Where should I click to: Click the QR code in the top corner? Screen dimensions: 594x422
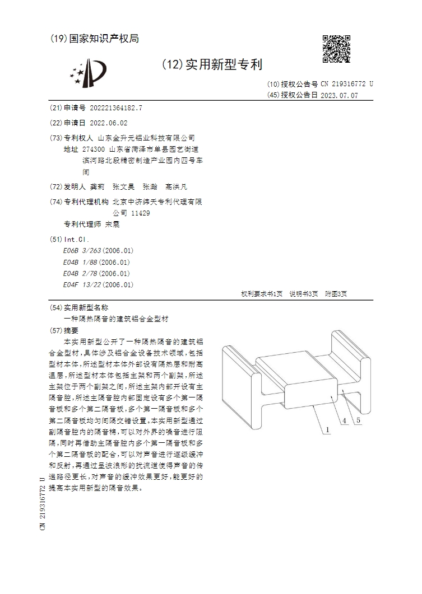point(337,49)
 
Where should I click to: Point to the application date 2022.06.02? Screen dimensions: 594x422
point(108,123)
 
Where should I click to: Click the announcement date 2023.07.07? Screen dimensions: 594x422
point(339,95)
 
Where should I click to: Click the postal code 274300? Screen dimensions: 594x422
point(93,149)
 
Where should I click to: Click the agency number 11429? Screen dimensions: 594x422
point(140,213)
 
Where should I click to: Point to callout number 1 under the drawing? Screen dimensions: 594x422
point(325,430)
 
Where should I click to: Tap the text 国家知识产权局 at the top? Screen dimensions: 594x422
point(104,39)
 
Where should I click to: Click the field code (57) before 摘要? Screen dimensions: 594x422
point(56,330)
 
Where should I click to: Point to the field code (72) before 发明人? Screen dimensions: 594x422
point(56,187)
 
